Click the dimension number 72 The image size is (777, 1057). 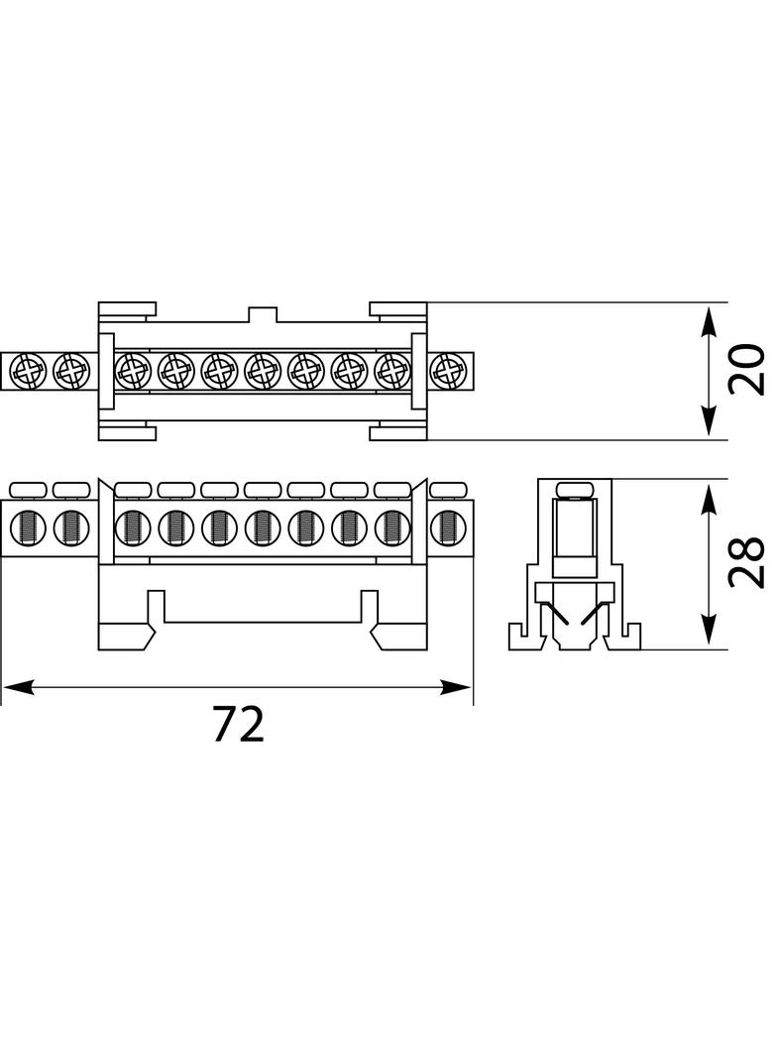coord(238,723)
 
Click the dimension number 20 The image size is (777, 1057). coord(746,370)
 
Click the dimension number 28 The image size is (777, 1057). coord(746,562)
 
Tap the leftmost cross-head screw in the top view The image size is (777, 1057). coord(29,370)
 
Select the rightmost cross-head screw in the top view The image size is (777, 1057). coord(446,370)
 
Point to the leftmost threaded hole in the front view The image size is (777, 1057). coord(28,528)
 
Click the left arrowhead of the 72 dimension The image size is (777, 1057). coord(18,687)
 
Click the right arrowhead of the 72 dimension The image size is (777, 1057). coord(456,687)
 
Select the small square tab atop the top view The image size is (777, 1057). coord(263,314)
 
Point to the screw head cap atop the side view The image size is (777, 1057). coord(574,490)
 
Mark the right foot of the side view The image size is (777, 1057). coord(622,637)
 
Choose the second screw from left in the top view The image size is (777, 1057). coord(70,370)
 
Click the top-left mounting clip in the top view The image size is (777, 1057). coord(128,309)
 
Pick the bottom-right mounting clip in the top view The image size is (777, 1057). coord(398,431)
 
